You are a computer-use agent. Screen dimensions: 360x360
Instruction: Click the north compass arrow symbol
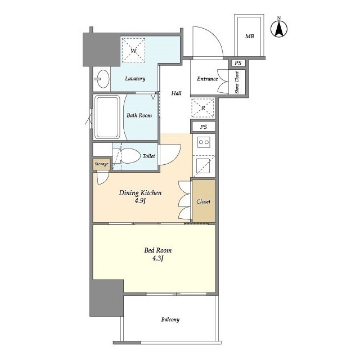279,29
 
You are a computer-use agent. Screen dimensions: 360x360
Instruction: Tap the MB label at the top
249,36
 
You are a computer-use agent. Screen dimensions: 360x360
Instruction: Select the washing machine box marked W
133,50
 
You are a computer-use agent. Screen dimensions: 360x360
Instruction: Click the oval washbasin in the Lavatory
103,79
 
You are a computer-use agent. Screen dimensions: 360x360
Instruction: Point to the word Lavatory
135,79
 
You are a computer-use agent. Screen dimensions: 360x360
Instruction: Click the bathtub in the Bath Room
107,117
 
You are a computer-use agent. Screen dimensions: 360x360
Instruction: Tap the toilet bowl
130,156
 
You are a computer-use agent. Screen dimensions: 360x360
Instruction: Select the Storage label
101,164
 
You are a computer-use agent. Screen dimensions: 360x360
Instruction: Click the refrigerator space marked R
203,107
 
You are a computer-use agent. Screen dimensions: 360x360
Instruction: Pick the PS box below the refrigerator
204,127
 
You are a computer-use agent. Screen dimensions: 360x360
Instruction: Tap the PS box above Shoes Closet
238,63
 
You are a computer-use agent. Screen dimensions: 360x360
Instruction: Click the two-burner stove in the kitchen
204,142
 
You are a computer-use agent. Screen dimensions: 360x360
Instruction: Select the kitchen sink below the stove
202,166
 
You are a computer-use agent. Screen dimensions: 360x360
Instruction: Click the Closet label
204,201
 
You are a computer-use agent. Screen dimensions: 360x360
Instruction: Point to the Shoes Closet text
237,82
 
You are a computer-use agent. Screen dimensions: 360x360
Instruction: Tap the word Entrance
208,79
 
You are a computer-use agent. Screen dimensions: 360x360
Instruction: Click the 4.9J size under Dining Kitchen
140,201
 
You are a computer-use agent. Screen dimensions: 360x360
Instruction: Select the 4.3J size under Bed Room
157,259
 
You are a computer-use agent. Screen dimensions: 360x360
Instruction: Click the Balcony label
170,319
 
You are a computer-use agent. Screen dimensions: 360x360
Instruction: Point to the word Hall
176,93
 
